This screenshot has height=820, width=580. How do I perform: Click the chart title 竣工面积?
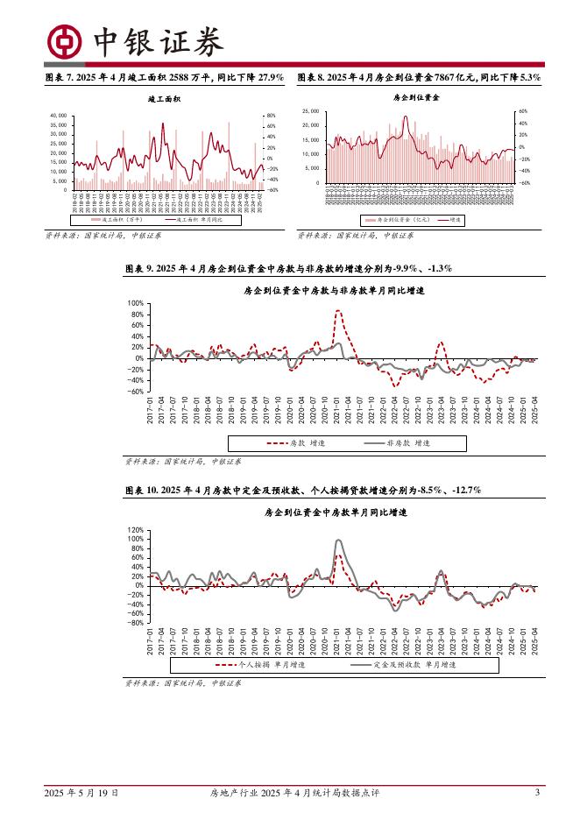[x=164, y=100]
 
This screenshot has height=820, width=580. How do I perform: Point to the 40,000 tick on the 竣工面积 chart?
[x=60, y=116]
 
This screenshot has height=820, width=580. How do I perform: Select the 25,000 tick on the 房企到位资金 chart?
[x=311, y=112]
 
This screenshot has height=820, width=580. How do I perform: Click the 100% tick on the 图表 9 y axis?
[x=135, y=302]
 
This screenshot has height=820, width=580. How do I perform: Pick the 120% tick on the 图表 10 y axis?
[x=135, y=531]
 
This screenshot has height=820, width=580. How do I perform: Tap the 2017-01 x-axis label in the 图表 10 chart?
[x=150, y=640]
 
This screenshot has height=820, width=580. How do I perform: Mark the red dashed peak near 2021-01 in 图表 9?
[x=338, y=311]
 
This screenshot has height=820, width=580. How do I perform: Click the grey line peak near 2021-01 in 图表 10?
[x=339, y=541]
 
